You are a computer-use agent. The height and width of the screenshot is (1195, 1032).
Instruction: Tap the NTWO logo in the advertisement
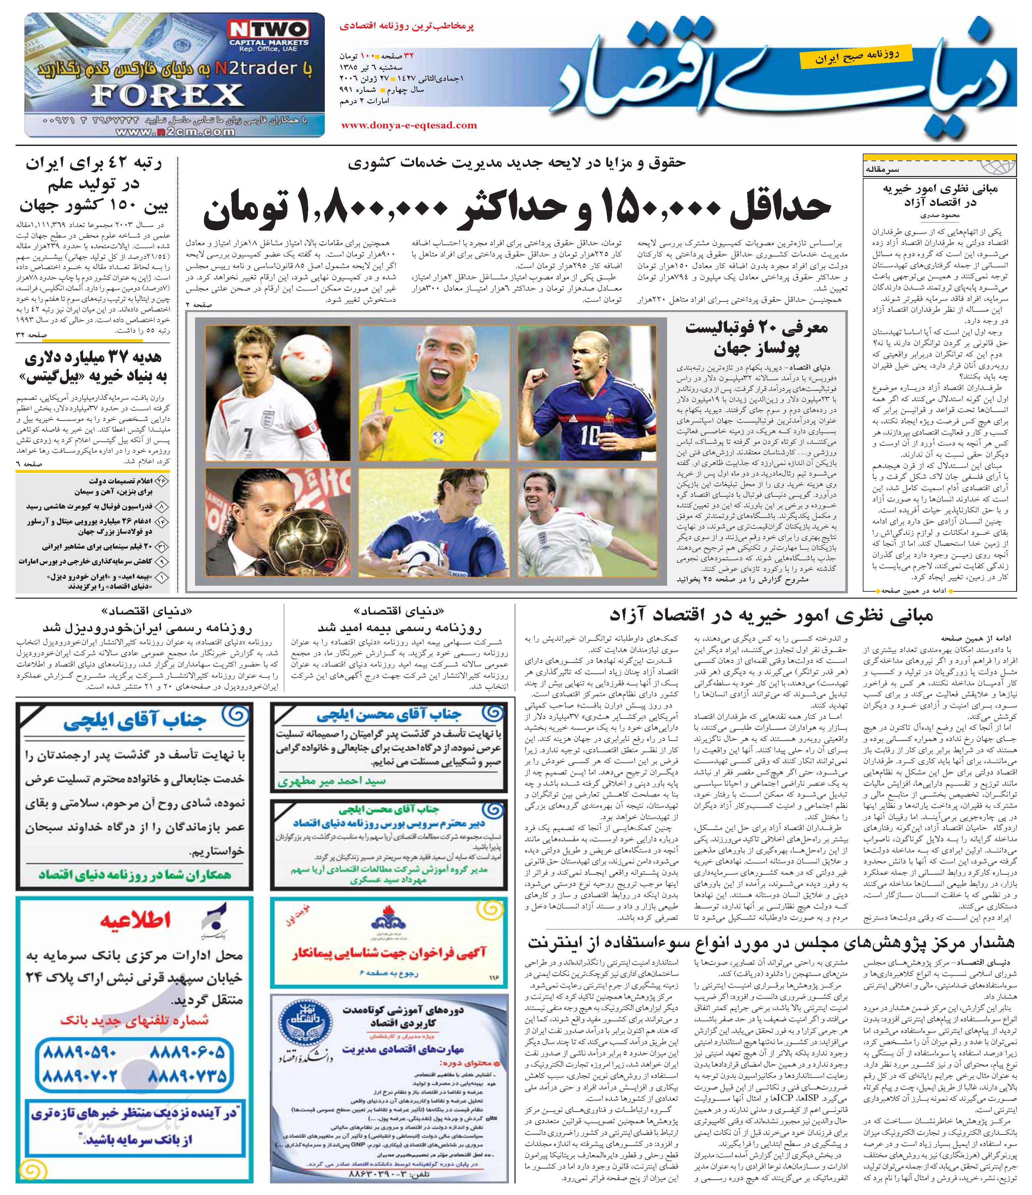point(268,30)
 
